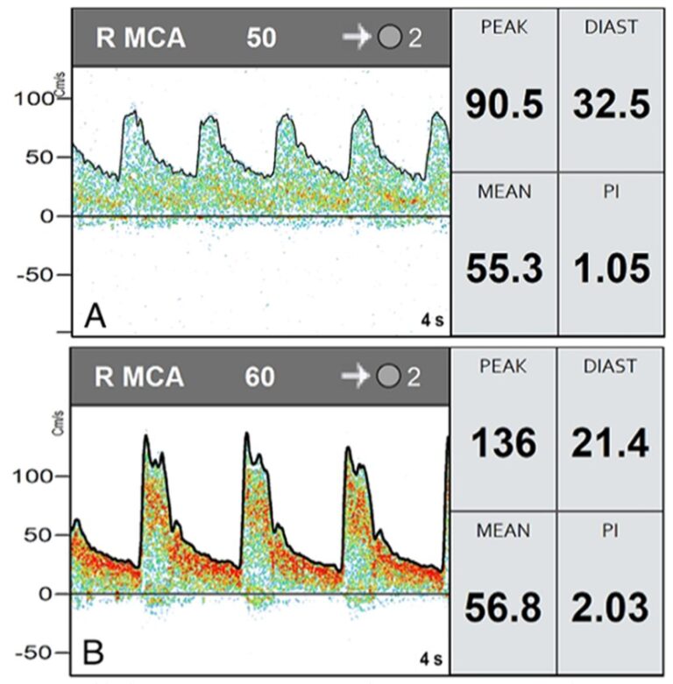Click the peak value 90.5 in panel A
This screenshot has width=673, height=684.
click(x=504, y=106)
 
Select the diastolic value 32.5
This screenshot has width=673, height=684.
click(x=612, y=106)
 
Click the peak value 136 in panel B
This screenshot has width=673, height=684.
click(x=503, y=444)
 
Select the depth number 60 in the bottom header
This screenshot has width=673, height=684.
click(x=260, y=377)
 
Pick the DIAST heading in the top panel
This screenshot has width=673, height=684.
click(x=611, y=28)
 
